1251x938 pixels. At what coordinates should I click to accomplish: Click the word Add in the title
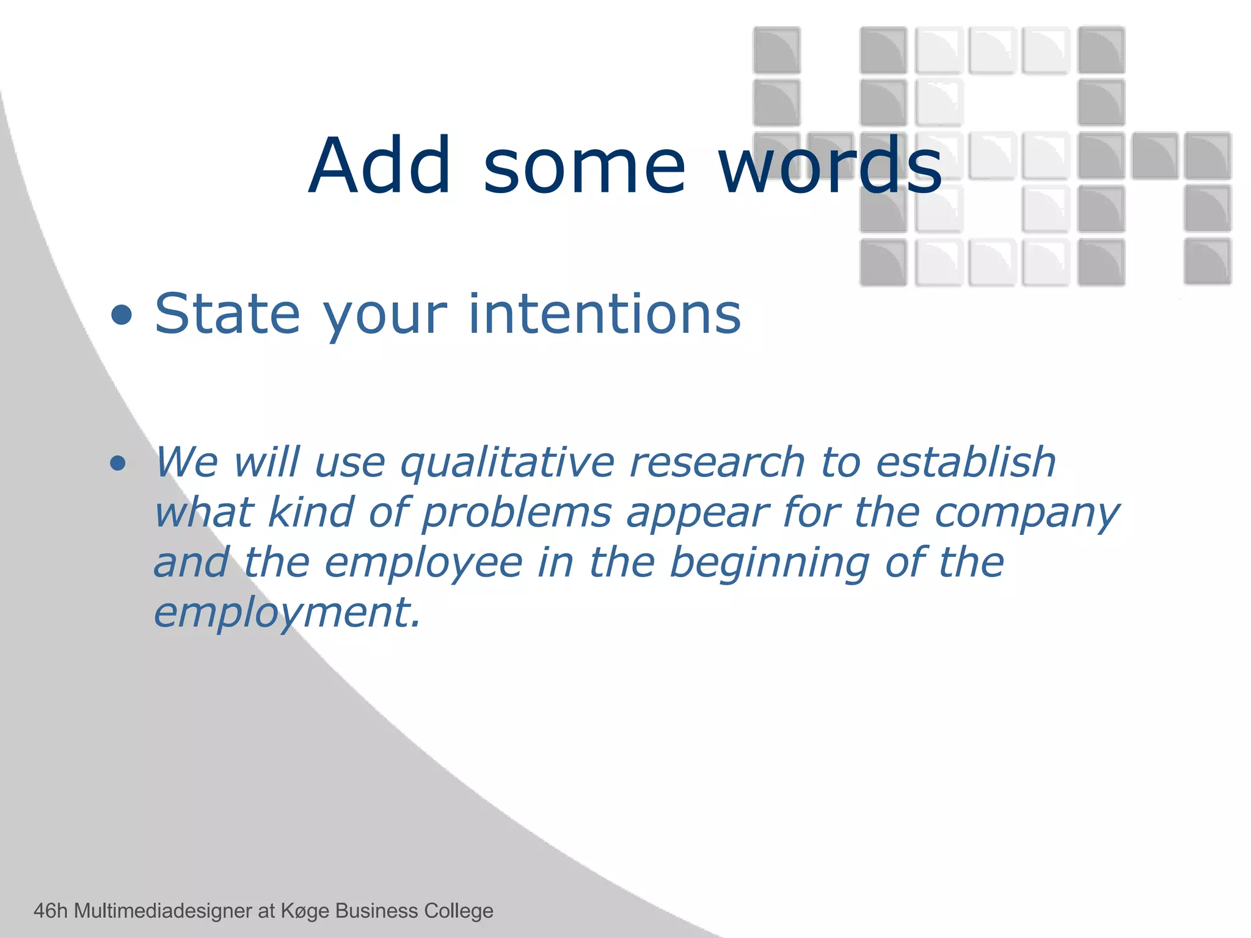380,166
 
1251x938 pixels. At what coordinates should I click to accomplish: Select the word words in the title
830,166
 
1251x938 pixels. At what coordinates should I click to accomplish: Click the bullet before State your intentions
122,315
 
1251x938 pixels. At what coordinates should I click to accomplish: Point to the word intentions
604,314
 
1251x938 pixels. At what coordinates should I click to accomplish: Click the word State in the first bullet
227,314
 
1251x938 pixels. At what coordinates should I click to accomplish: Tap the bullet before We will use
118,463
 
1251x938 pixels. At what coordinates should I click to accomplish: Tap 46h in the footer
50,911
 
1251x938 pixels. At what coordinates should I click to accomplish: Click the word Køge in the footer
305,911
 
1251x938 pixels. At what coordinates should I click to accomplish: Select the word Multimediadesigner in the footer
163,911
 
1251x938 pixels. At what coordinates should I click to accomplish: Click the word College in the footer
458,911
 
